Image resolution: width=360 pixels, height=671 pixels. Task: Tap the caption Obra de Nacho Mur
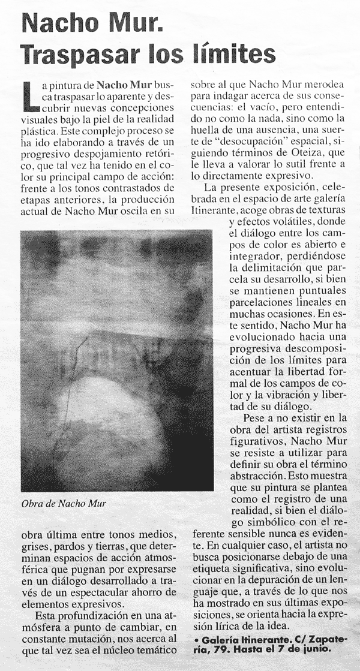[63, 503]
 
